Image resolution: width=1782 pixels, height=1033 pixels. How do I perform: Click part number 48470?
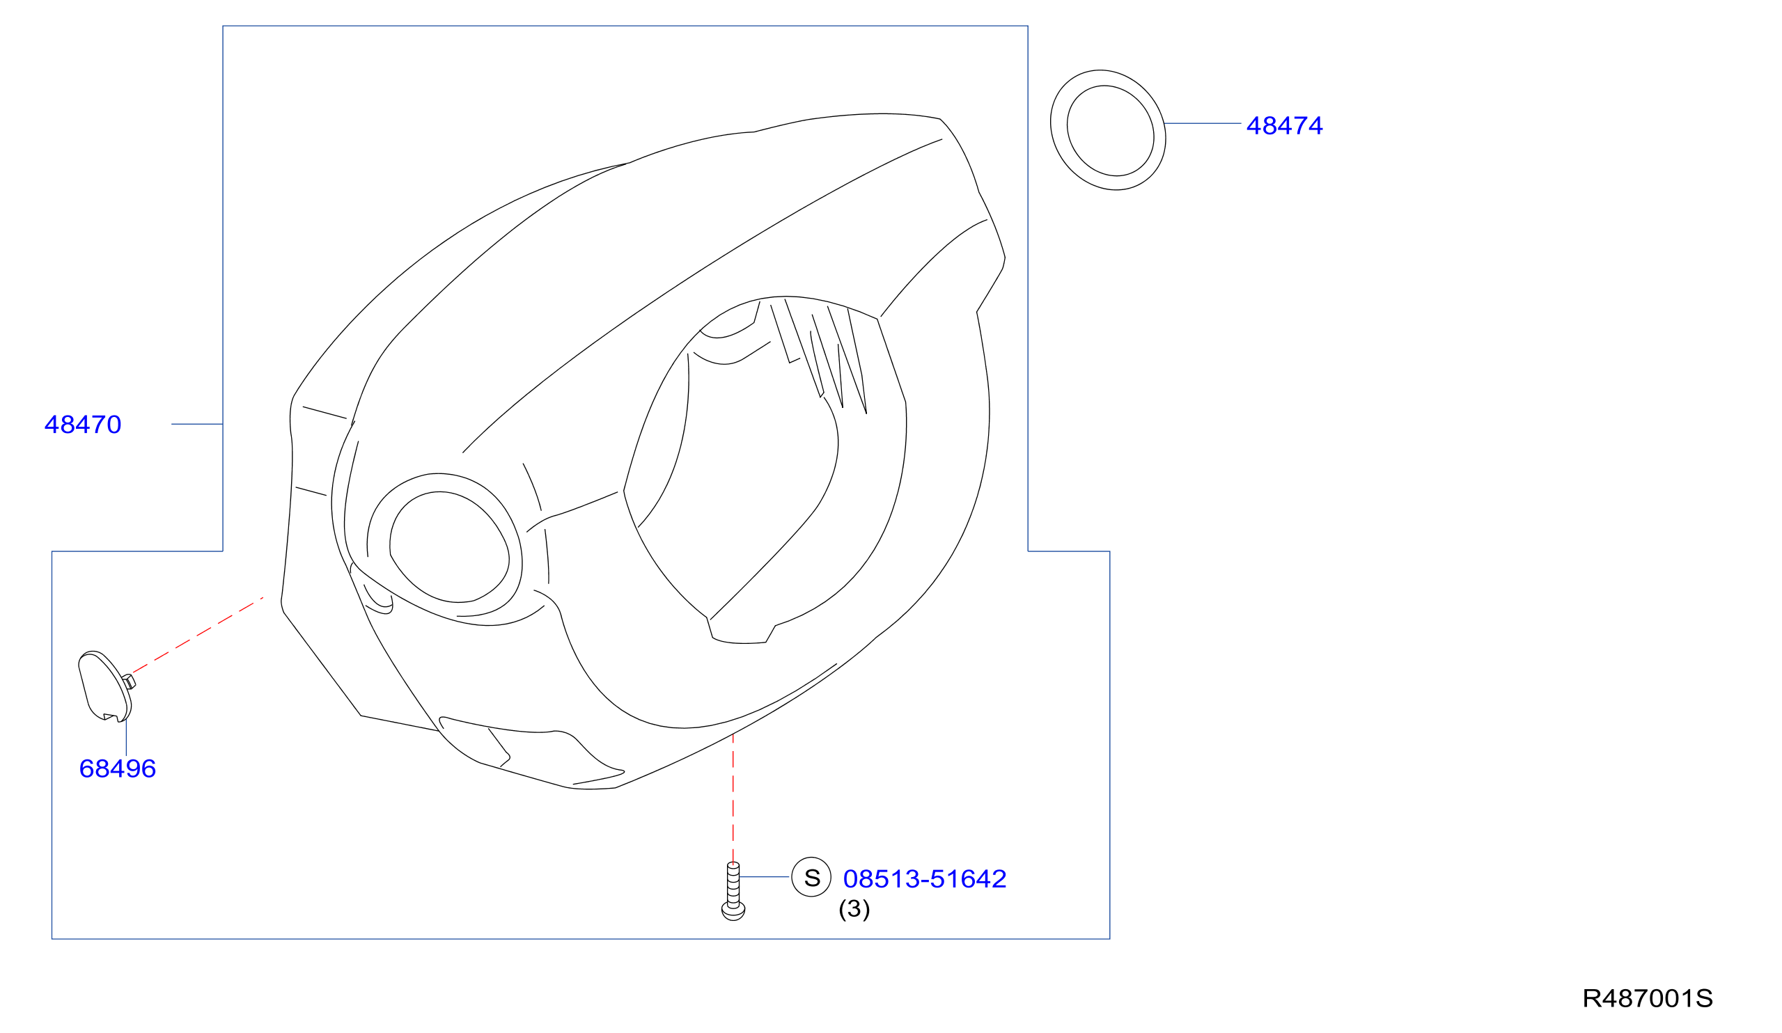pos(83,425)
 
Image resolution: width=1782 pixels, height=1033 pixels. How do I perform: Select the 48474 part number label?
pos(1284,126)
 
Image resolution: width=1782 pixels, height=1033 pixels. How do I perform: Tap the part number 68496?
pos(118,768)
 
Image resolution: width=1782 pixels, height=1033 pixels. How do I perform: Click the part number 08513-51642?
pos(925,879)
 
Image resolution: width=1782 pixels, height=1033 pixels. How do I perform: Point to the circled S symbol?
pos(811,878)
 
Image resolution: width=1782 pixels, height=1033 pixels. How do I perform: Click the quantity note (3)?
pos(854,909)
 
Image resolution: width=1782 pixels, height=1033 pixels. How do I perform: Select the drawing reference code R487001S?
pos(1648,998)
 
